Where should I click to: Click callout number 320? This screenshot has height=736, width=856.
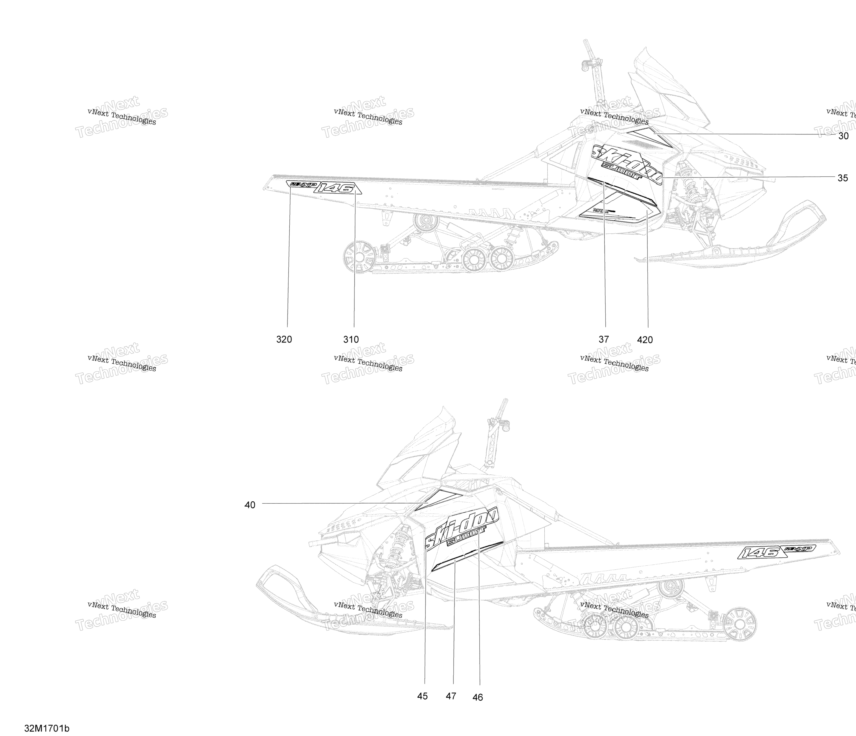tap(284, 339)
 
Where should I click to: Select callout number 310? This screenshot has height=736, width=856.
tap(351, 339)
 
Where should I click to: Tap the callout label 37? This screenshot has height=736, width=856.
tap(604, 339)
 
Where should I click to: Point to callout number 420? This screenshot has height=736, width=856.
tap(645, 340)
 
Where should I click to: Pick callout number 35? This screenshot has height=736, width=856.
tap(842, 178)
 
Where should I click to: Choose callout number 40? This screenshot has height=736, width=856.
tap(250, 505)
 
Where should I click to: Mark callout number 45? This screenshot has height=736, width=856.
tap(422, 696)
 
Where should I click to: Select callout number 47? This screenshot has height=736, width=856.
tap(451, 696)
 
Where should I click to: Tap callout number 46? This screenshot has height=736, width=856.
tap(478, 697)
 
